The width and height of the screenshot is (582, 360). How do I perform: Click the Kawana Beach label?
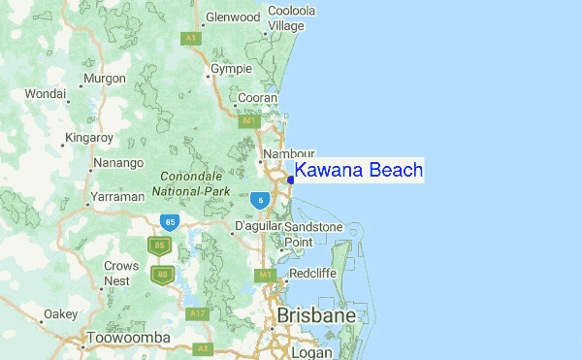(x=359, y=171)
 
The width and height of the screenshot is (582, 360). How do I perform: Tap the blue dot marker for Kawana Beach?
(x=291, y=179)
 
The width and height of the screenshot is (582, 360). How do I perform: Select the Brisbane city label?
(x=316, y=316)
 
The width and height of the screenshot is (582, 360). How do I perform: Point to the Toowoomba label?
(x=129, y=338)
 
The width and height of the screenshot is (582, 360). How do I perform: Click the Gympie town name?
(x=233, y=70)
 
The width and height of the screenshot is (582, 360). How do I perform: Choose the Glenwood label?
(x=233, y=16)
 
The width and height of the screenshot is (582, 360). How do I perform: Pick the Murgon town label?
(x=105, y=79)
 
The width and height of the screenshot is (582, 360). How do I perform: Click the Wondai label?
(x=45, y=93)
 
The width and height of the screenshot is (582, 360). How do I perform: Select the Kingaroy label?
(x=88, y=138)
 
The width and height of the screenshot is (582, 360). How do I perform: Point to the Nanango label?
(x=119, y=162)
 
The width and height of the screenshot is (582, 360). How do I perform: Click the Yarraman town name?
(x=117, y=196)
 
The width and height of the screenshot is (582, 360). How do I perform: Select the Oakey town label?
(x=60, y=314)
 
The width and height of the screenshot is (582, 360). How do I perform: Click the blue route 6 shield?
(x=259, y=199)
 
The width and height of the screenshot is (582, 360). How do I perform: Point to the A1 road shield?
(x=190, y=37)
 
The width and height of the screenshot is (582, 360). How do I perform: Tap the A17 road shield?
(x=198, y=313)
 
